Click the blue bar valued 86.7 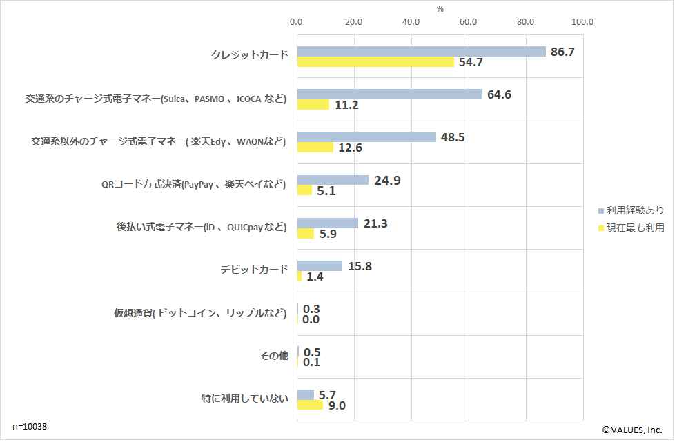pos(421,52)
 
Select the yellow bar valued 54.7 pos(375,62)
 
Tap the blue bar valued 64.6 pos(389,94)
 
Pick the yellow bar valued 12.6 pos(315,148)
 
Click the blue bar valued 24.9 pos(333,180)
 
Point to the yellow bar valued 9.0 pos(310,405)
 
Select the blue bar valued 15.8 pos(320,265)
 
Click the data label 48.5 pos(452,137)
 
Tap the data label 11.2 pos(346,106)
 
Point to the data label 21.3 pos(374,223)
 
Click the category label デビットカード pos(254,270)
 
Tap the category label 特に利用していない pos(245,399)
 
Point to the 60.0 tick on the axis pos(469,22)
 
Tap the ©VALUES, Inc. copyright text pos(632,429)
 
